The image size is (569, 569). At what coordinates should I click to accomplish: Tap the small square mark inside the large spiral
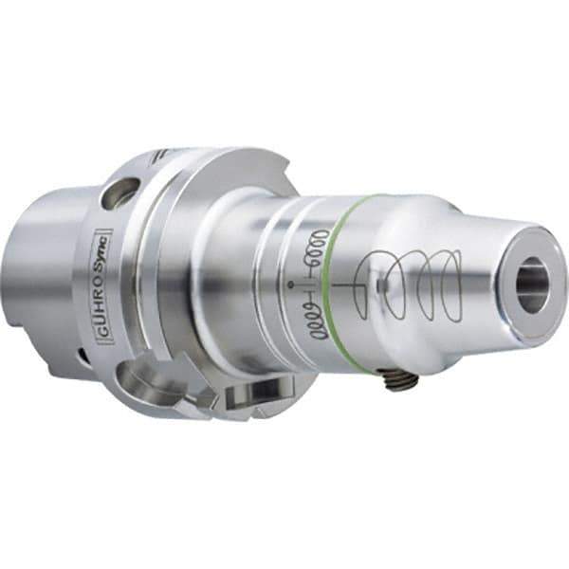point(379,284)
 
